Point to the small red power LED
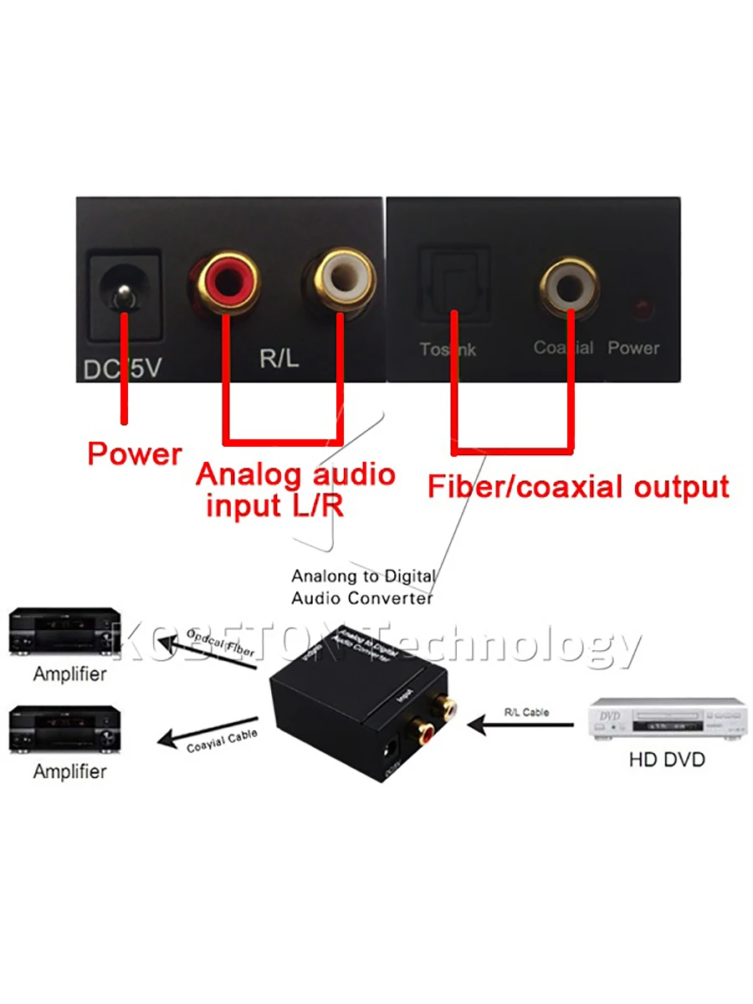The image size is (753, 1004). pyautogui.click(x=643, y=309)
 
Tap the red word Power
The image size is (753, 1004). pyautogui.click(x=135, y=454)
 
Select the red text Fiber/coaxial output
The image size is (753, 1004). pyautogui.click(x=578, y=486)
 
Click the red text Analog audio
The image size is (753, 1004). pyautogui.click(x=295, y=474)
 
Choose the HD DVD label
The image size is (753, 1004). pyautogui.click(x=666, y=760)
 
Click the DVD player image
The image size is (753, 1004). pyautogui.click(x=666, y=720)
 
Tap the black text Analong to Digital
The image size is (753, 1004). pyautogui.click(x=362, y=576)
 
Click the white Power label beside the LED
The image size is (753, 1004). pyautogui.click(x=633, y=347)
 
